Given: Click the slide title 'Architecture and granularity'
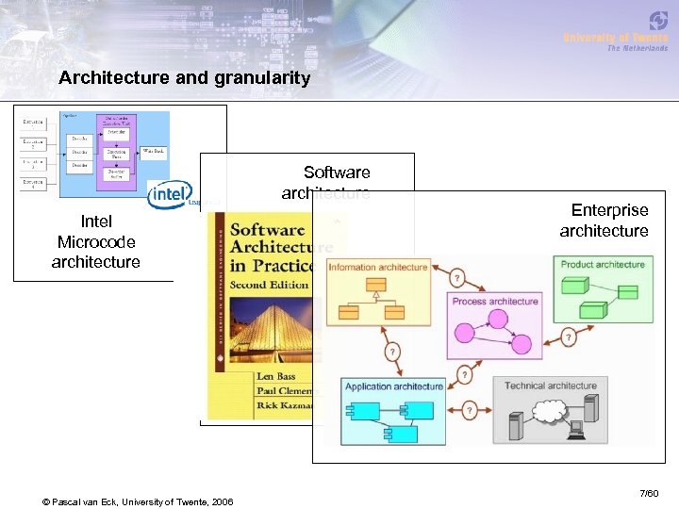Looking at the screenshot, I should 184,78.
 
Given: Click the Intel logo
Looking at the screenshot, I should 170,195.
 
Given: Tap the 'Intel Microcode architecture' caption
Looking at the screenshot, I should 96,241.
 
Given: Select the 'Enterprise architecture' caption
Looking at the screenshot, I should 604,221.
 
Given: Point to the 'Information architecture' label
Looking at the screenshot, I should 377,268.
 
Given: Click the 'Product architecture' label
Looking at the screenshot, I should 602,265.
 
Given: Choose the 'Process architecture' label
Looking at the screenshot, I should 495,302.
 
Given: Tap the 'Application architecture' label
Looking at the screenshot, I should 394,386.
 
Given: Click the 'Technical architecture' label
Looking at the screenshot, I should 551,386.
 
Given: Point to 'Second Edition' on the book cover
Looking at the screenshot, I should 270,284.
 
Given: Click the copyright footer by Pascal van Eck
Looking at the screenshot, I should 138,500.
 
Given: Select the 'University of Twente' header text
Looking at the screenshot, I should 615,38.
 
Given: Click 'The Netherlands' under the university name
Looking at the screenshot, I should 637,48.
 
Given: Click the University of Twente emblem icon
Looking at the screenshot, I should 657,20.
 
